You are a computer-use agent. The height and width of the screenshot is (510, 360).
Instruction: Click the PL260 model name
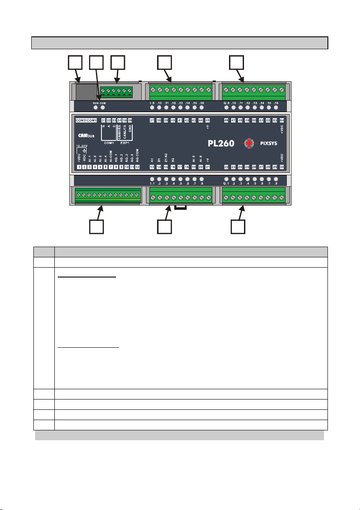[x=221, y=143]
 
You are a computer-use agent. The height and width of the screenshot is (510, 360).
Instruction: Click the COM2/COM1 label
[x=86, y=120]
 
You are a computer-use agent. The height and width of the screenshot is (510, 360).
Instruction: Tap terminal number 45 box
[x=208, y=120]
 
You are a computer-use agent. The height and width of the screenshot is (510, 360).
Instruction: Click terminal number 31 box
[x=103, y=120]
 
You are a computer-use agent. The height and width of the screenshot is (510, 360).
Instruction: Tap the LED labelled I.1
[x=152, y=179]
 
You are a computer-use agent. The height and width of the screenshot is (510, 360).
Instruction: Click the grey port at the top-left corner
[x=85, y=92]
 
